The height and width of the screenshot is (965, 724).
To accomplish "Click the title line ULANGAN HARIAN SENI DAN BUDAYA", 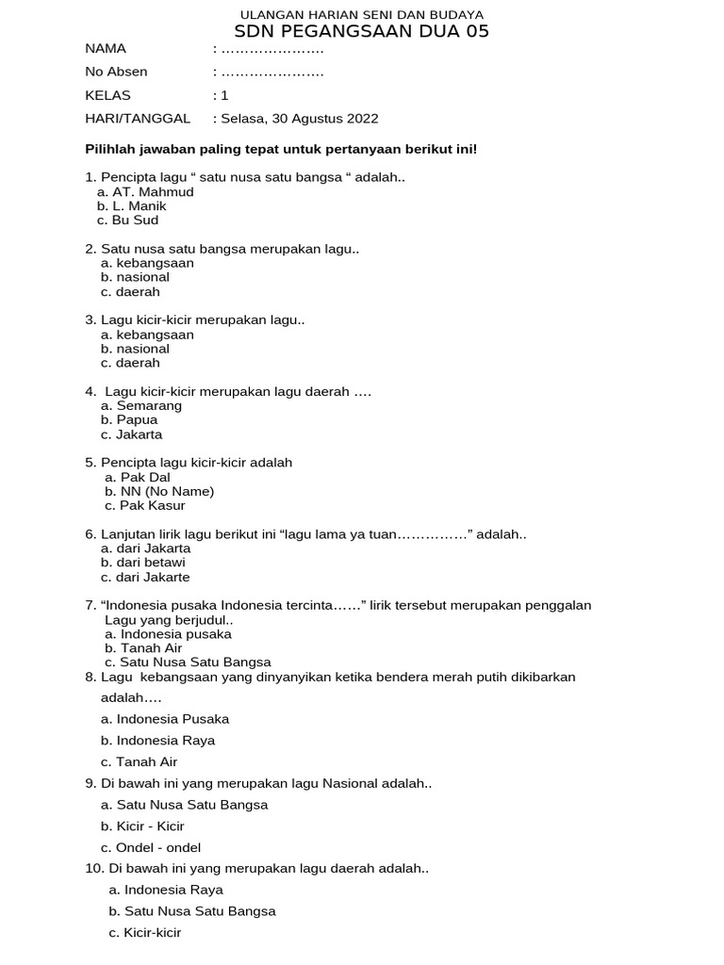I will (x=362, y=15).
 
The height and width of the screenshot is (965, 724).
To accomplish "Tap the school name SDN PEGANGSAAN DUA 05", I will (x=362, y=33).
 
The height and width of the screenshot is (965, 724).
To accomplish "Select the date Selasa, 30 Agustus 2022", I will (x=299, y=119).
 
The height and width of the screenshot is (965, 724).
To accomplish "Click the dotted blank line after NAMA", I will (x=271, y=49).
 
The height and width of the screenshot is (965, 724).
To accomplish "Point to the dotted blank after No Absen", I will (x=271, y=72).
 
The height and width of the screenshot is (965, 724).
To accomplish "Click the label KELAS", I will (x=107, y=95).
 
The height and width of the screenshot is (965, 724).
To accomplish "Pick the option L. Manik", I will (x=139, y=206).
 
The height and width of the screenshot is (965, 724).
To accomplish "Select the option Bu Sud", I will (x=135, y=221).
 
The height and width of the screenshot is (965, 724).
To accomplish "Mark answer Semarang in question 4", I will (x=149, y=406).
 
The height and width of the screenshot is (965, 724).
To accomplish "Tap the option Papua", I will (x=137, y=420).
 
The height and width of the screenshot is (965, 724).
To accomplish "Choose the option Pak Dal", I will (x=145, y=478).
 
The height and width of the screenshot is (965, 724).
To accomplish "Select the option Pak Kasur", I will (x=153, y=506).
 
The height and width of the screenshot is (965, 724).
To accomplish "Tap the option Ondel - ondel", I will (x=158, y=847).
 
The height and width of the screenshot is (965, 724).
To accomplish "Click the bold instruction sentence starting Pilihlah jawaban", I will (x=282, y=149).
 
